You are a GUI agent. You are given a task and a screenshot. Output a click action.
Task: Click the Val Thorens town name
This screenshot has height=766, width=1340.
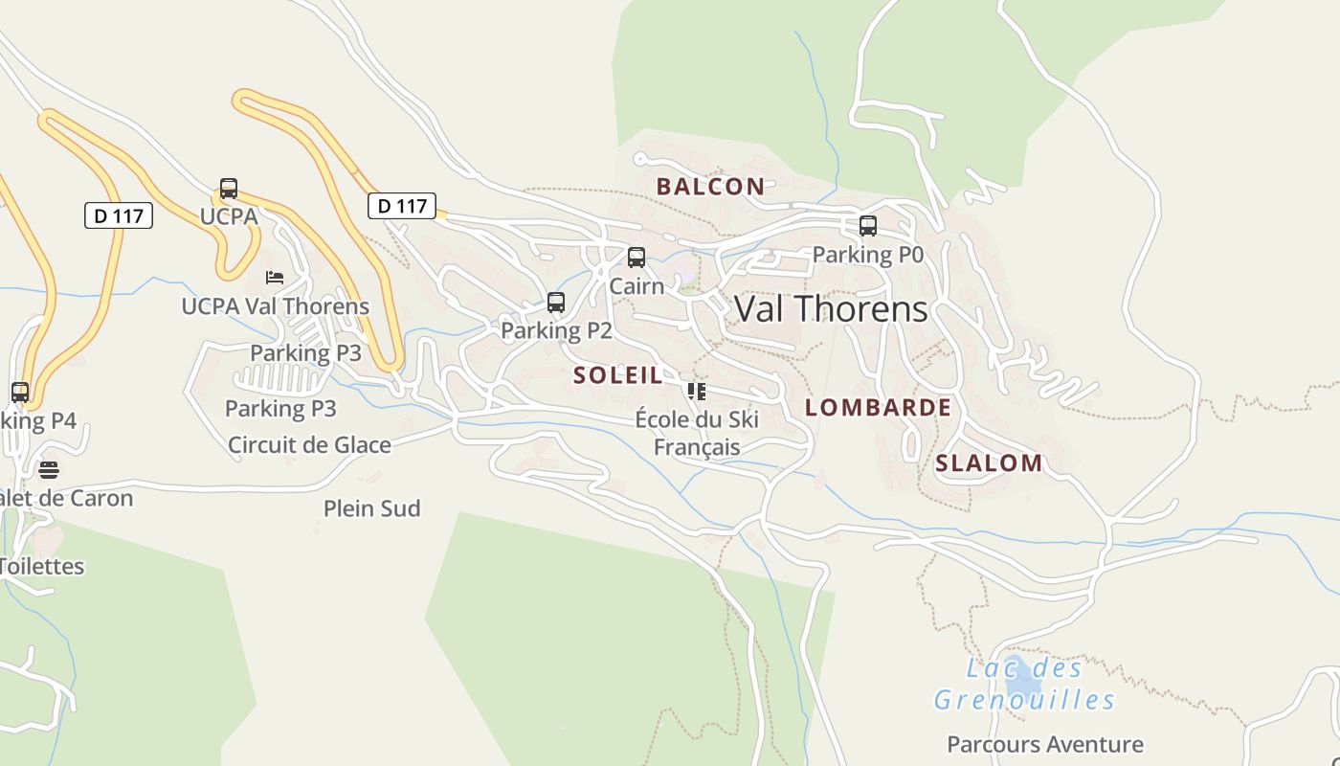tap(831, 309)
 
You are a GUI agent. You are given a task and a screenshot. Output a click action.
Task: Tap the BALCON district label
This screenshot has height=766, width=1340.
tap(710, 187)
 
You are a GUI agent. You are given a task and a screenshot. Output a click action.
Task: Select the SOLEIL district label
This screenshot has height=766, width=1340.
tap(618, 375)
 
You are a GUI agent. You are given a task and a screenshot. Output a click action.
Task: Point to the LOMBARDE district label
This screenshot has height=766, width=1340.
tap(878, 408)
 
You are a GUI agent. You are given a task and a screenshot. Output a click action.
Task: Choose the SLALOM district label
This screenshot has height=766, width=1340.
tap(989, 463)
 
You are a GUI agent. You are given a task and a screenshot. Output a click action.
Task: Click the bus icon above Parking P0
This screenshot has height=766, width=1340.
tap(868, 226)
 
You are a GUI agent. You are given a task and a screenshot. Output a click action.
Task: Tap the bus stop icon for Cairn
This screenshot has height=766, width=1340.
tap(636, 258)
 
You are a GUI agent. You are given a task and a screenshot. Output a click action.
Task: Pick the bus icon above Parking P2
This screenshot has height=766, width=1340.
tap(556, 303)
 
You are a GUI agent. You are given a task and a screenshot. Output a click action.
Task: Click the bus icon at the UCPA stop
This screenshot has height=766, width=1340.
tap(229, 189)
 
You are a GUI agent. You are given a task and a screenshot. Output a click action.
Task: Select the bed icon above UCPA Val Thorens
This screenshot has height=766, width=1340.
tap(275, 278)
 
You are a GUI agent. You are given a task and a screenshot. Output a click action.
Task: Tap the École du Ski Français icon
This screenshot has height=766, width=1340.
tap(697, 391)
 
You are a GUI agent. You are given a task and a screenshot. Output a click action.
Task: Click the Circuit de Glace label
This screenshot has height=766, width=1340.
tap(309, 445)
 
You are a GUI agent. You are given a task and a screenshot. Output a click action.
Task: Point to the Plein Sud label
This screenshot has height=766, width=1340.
tap(371, 508)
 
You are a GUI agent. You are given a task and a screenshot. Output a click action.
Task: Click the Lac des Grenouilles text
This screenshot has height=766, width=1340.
tap(1024, 685)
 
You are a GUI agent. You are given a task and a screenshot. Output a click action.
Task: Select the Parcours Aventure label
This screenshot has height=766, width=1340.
tap(1044, 744)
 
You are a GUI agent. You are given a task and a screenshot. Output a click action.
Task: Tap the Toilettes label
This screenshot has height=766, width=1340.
tap(42, 566)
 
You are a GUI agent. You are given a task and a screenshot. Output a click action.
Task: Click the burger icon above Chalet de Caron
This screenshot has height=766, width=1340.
tap(48, 469)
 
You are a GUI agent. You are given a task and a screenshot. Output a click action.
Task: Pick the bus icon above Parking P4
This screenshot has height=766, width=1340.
tap(20, 392)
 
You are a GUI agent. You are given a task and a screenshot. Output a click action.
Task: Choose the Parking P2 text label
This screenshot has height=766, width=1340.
tap(556, 331)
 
